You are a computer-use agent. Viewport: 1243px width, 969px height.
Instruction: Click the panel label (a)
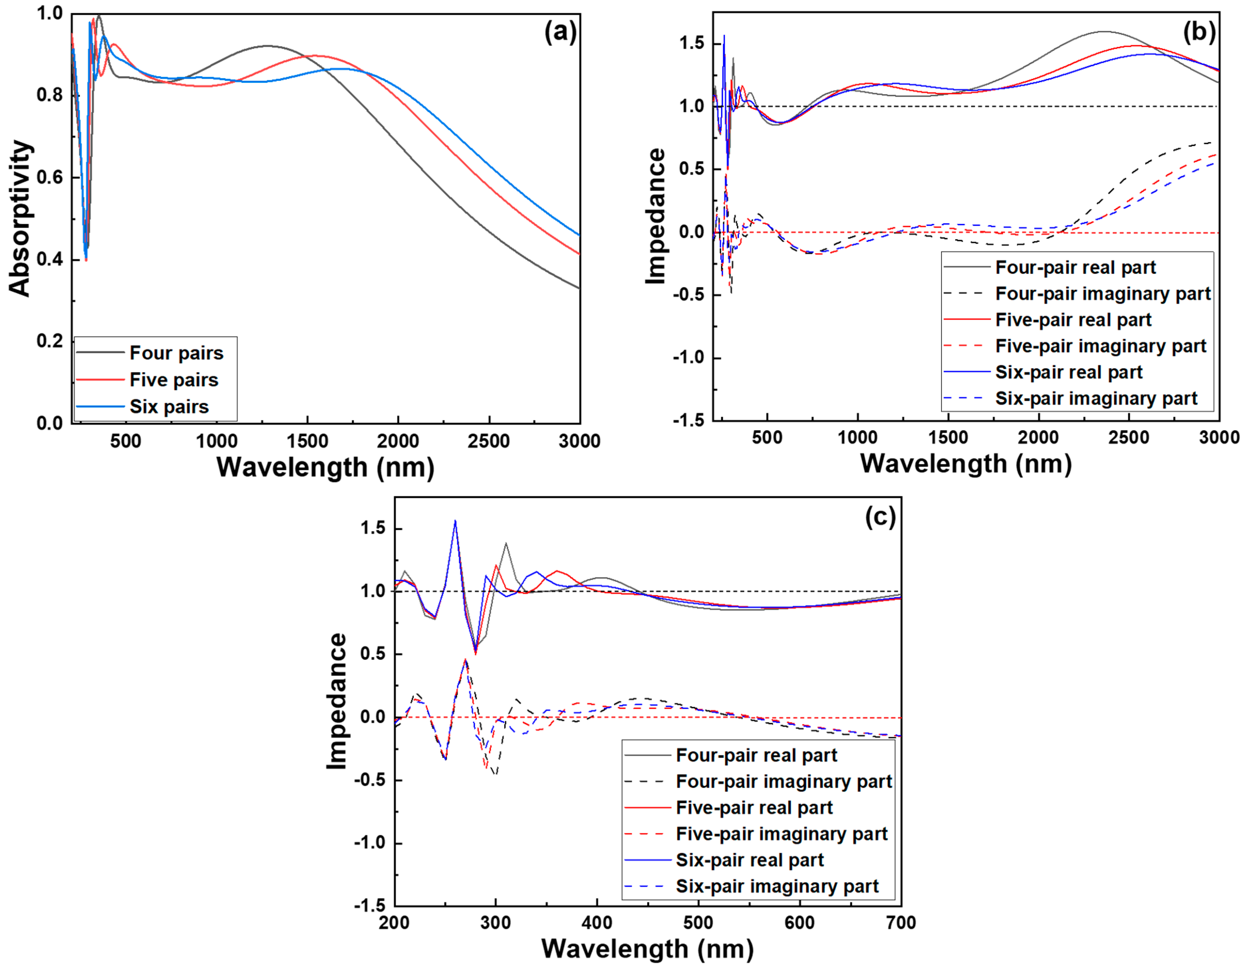pos(560,32)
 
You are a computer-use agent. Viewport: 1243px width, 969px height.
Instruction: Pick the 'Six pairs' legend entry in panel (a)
pos(169,406)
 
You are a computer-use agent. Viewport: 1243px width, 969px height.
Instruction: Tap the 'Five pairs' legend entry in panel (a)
pos(174,380)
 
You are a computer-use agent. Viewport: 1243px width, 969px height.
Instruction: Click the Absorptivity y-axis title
pos(21,218)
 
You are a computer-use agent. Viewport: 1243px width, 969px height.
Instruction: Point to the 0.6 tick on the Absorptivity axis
pos(50,177)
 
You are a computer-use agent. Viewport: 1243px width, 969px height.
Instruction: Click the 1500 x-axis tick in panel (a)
pos(307,441)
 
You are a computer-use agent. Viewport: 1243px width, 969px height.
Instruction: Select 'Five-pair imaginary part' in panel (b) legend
pos(1100,346)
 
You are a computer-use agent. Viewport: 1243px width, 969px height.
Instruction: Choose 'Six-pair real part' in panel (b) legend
pos(1068,372)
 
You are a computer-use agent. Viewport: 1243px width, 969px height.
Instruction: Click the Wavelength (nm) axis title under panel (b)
pos(966,464)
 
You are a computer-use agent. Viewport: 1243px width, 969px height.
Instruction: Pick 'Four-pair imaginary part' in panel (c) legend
pos(783,782)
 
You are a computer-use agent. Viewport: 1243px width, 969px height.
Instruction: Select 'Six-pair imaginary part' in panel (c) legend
pos(777,887)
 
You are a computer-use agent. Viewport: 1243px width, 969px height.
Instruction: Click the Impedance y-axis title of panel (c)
pos(337,702)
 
